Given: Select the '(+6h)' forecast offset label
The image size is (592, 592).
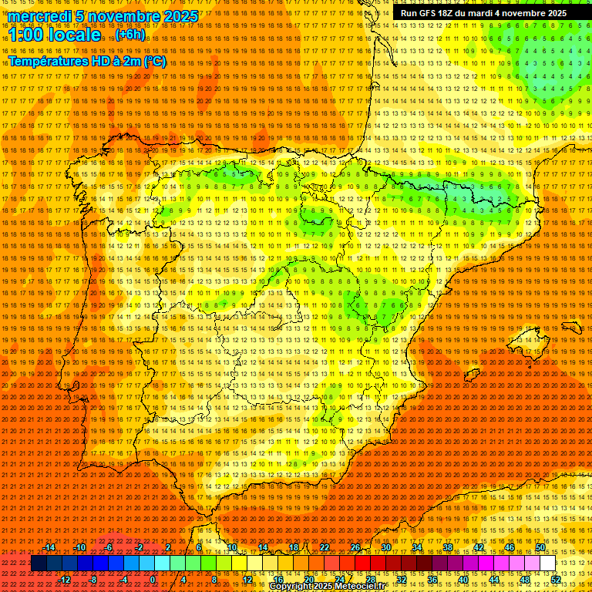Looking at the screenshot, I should (x=129, y=35).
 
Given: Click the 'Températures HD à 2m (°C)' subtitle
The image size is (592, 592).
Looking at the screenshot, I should (x=86, y=61).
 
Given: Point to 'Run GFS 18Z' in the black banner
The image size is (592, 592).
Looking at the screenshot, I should (x=429, y=13).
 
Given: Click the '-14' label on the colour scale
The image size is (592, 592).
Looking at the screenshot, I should (x=50, y=547).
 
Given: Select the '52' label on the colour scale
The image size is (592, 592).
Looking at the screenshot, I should (x=556, y=580).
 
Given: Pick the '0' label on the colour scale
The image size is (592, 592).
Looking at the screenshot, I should (x=153, y=580).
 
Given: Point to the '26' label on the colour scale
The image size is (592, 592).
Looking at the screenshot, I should (x=355, y=547).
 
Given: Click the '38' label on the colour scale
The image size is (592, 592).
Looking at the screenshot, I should (x=447, y=547).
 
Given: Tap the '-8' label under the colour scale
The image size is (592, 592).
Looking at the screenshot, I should (x=92, y=580).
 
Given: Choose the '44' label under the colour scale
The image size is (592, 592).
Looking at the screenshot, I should (x=494, y=580).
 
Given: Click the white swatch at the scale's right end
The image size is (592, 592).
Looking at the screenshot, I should (x=548, y=563).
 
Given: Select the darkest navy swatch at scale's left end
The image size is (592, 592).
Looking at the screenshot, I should (x=39, y=563).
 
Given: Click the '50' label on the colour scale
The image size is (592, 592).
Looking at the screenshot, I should (x=540, y=547).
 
